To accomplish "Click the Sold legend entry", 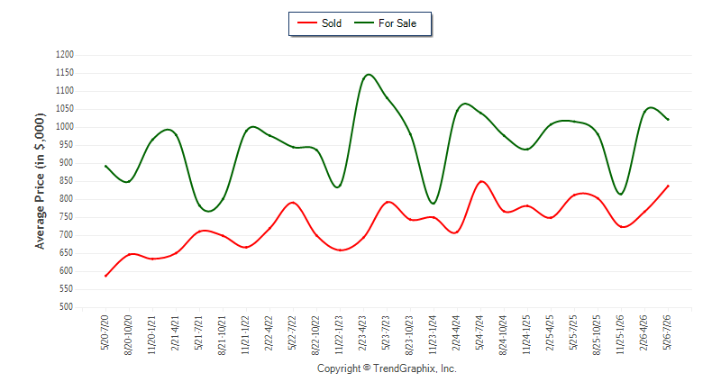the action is (320, 23).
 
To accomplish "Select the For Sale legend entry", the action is (386, 23).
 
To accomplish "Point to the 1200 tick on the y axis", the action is (65, 55).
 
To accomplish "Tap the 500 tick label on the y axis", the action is (66, 307).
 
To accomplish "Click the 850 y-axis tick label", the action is (66, 181).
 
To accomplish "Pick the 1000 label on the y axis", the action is (65, 127).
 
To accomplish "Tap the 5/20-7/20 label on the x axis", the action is (105, 332).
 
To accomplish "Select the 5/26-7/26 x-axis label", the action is (667, 332).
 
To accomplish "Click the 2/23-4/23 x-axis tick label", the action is (362, 332).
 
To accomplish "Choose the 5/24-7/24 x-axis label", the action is (479, 332).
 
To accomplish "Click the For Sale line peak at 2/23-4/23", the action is (369, 75).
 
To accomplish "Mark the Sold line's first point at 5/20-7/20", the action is (105, 276).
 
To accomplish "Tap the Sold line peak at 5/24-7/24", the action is (481, 181).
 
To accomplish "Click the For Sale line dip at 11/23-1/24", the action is (433, 203).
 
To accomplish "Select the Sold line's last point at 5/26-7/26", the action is (668, 186).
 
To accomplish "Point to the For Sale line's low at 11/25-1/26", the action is (621, 195).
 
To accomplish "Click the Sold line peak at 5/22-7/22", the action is (293, 202).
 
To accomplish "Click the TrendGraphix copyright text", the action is (387, 368).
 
